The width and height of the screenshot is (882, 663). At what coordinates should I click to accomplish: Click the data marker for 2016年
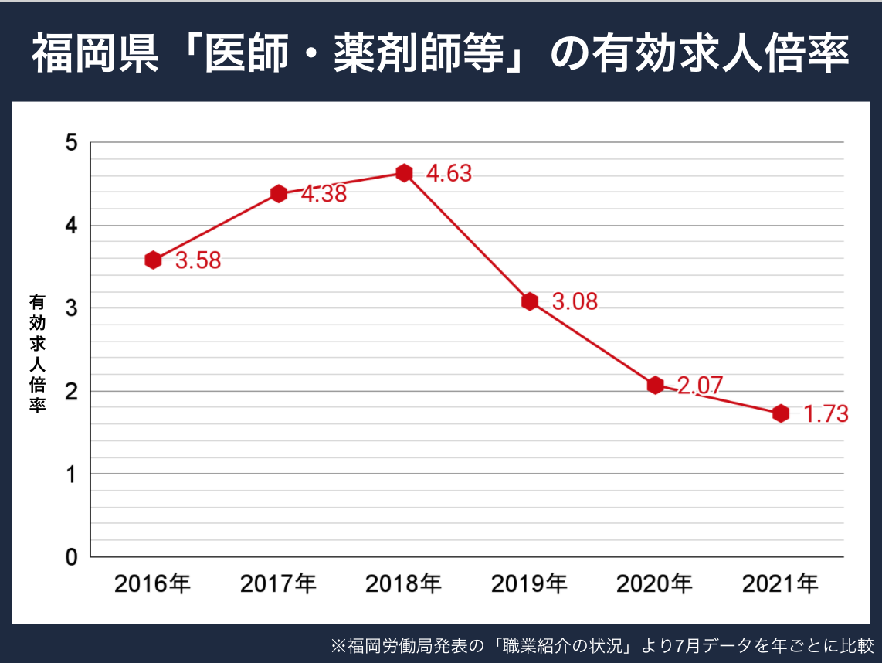click(x=153, y=260)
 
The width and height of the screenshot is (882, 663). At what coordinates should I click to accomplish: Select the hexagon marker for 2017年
click(x=279, y=193)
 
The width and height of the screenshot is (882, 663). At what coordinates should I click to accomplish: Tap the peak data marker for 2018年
click(x=404, y=172)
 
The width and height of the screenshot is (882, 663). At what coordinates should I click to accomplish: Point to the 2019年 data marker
click(x=529, y=301)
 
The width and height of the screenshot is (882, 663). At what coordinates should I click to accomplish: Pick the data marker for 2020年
click(x=655, y=385)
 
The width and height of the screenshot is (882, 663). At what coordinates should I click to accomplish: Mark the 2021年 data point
click(x=781, y=413)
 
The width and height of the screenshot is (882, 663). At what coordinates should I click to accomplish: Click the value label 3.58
click(x=198, y=261)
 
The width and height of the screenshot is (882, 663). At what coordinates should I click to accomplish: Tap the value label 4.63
click(x=449, y=174)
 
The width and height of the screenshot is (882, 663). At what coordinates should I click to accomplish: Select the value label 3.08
click(x=575, y=302)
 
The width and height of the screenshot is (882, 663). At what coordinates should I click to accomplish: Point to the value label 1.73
click(x=826, y=414)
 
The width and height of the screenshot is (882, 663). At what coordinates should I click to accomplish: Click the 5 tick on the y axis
click(x=72, y=143)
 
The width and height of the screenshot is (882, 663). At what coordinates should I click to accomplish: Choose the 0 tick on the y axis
click(x=72, y=557)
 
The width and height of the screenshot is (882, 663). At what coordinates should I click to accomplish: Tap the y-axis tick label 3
click(x=72, y=308)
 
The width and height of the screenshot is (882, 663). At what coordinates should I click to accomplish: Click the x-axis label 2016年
click(x=153, y=584)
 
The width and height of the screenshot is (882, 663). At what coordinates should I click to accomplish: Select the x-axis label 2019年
click(x=529, y=584)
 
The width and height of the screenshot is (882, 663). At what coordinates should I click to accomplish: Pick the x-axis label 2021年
click(x=780, y=584)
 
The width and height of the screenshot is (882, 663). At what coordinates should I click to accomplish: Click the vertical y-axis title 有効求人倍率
click(x=37, y=353)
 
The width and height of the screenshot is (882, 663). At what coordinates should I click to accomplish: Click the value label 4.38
click(x=324, y=195)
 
